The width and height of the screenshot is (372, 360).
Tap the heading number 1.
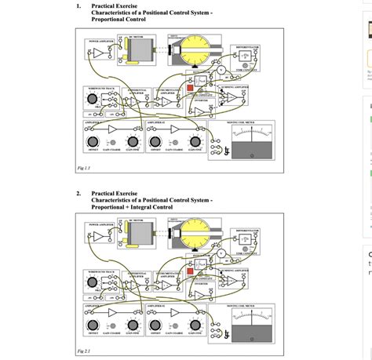click(x=78, y=6)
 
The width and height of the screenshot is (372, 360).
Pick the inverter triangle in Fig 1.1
click(x=202, y=112)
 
